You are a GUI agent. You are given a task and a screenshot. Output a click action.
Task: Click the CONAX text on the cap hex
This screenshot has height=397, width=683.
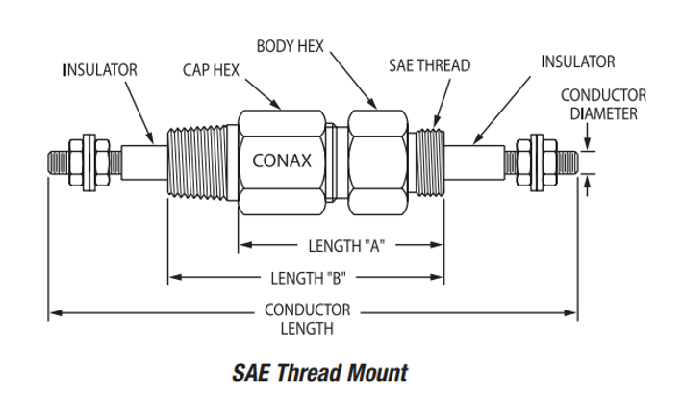tap(281, 161)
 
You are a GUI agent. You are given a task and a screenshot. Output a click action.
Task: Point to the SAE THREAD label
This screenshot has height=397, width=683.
tap(429, 65)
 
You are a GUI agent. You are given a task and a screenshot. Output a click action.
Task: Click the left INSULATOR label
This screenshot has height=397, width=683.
tap(100, 69)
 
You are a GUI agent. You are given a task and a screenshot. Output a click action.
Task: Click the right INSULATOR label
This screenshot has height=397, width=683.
tap(578, 62)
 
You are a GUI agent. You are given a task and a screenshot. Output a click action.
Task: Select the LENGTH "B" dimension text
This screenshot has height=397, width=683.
tap(309, 279)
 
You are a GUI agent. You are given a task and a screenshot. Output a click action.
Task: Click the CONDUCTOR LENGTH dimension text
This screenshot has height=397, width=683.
tap(308, 319)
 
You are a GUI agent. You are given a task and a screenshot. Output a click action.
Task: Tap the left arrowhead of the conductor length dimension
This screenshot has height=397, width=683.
tap(55, 312)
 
